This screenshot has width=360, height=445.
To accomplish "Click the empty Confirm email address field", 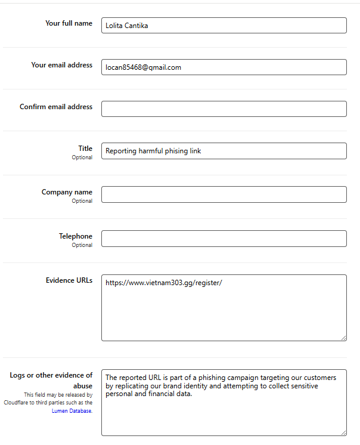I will pos(224,109).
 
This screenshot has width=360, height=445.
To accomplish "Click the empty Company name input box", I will pos(224,194).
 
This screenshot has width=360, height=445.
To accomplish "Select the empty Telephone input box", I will pos(224,239).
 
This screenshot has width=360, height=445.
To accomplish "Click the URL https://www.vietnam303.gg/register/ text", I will pos(163,283).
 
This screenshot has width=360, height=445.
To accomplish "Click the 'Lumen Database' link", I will pos(76,412).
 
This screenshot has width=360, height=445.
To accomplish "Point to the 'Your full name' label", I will pos(69,23).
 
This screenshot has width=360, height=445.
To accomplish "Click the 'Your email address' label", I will pos(61,65).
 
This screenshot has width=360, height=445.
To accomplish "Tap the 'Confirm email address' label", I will pos(56,107).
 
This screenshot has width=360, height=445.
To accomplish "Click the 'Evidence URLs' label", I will pos(69,280).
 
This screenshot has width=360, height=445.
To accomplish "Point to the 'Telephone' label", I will pos(75,236).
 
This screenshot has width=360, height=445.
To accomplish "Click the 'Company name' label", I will pos(67,192).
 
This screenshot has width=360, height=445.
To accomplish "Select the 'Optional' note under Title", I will pos(82,157).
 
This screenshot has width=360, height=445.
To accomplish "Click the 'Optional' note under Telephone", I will pos(82,245).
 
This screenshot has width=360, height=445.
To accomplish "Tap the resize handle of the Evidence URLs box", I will pos(343,338).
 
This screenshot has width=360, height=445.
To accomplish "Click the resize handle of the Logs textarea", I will pos(343,432).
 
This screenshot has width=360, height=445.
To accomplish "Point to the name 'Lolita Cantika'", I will pos(126,26).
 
